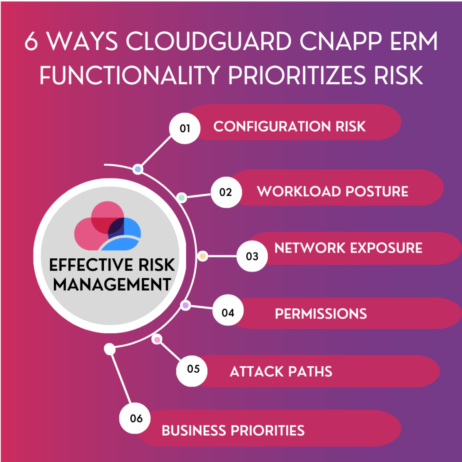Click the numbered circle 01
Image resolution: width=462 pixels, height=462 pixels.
[185, 128]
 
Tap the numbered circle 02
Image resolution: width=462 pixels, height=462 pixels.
[226, 192]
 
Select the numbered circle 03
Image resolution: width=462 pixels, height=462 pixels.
[252, 256]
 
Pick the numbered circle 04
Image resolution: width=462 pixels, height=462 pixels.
[228, 310]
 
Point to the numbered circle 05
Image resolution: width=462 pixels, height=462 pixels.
[192, 371]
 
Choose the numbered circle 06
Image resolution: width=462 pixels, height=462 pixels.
[135, 418]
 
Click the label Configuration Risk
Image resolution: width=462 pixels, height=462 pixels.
[290, 126]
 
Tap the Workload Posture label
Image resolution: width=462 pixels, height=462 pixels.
[333, 191]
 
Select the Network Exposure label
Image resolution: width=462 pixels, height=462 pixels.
[348, 248]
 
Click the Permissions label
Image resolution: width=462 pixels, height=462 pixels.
[321, 314]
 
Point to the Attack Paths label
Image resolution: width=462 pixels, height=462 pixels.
[281, 372]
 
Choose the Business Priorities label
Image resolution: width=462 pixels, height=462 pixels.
[233, 430]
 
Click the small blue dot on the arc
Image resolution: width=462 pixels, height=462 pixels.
[138, 169]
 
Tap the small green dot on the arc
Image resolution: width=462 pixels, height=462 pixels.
[182, 198]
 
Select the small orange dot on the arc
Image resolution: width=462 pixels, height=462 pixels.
[203, 256]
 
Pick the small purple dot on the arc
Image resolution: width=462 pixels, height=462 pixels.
[186, 305]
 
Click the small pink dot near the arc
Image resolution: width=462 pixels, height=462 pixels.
[157, 340]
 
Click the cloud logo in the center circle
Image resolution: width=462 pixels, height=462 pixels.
[107, 226]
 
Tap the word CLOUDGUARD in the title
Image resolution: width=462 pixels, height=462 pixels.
[209, 41]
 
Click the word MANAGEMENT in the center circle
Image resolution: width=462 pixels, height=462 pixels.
[112, 285]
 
